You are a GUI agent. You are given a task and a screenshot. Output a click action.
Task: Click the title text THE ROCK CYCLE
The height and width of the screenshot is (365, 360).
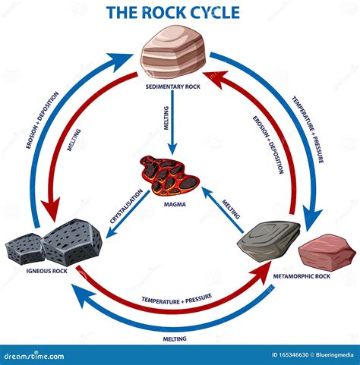pos(173,13)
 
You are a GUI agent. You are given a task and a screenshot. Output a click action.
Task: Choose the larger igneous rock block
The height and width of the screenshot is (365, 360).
pos(71,242)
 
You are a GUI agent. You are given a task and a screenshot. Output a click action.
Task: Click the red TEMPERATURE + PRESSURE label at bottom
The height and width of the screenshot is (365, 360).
pos(176,300)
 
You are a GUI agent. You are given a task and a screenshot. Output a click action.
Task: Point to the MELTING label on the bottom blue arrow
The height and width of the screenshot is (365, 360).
pos(175,339)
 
